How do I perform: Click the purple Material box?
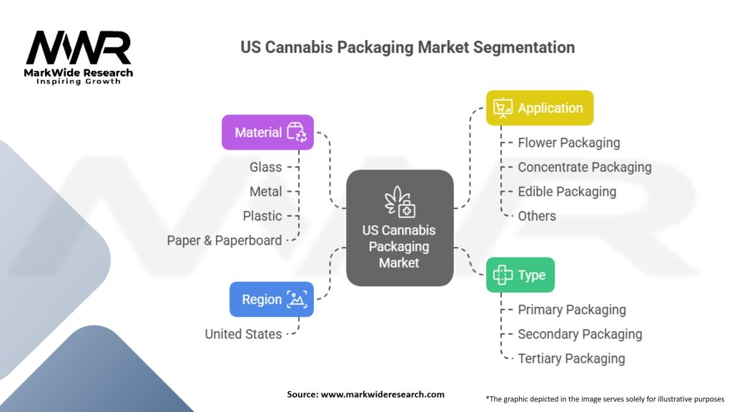[x=267, y=132]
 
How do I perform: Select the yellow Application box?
[x=540, y=108]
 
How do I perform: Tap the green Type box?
[x=520, y=275]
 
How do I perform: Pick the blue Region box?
[x=271, y=300]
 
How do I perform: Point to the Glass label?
[x=265, y=167]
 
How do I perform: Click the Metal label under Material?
[x=265, y=191]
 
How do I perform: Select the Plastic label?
[x=262, y=215]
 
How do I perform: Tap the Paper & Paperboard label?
[x=224, y=240]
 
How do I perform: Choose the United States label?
[x=243, y=333]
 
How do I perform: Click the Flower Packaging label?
[x=569, y=142]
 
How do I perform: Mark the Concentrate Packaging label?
[x=585, y=167]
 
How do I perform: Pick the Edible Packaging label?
[x=567, y=191]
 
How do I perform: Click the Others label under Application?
[x=537, y=215]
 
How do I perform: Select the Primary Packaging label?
[x=572, y=310]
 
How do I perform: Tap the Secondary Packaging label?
[x=580, y=334]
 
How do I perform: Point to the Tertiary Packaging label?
[x=571, y=358]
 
